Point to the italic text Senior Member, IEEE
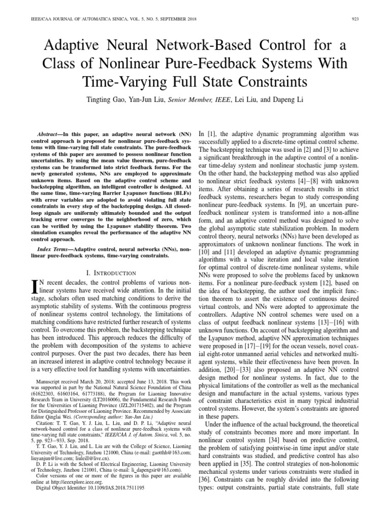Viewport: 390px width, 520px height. point(200,100)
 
